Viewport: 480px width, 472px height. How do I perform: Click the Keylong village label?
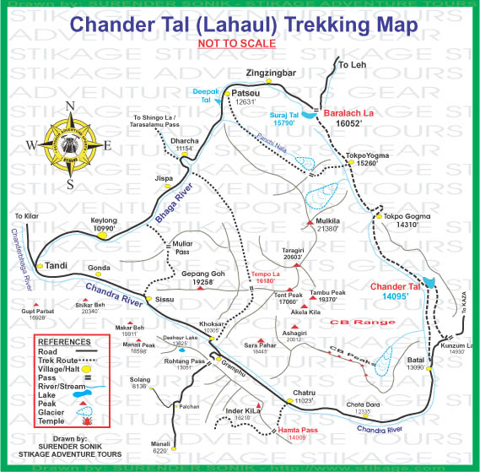102,220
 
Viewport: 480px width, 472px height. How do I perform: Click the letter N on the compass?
71,106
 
